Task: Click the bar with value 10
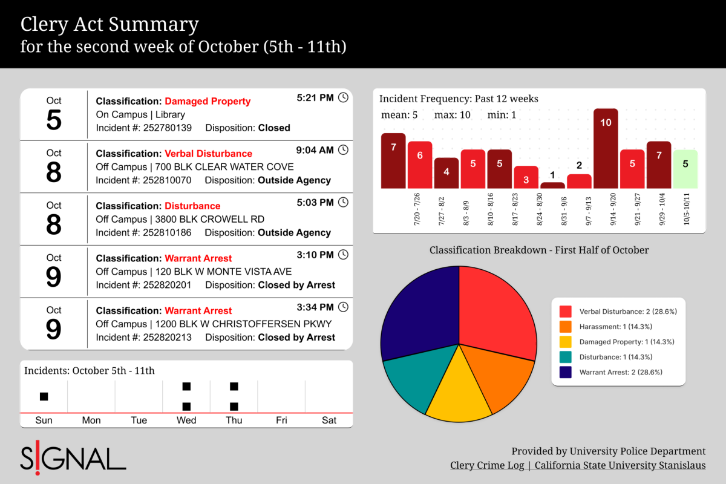606,148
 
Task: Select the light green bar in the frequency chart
685,169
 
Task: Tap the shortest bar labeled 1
552,185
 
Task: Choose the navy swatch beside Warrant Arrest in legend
566,372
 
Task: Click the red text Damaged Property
208,101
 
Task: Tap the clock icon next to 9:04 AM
343,150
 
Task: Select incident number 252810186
167,232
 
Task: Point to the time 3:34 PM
315,307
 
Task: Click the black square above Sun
44,396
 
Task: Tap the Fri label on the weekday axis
281,420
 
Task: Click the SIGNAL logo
73,458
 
